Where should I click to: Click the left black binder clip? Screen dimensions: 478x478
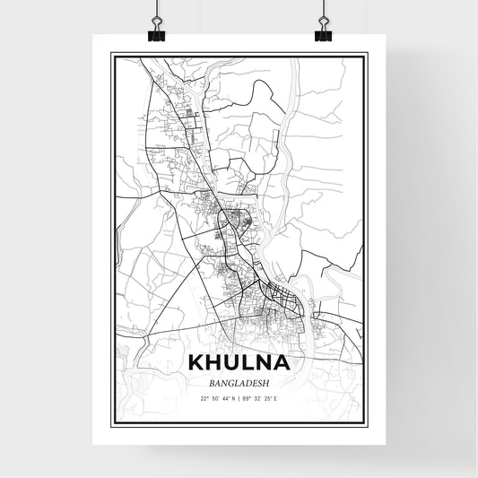point(157,33)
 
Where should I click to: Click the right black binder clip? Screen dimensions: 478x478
point(323,33)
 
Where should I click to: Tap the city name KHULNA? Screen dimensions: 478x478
point(239,362)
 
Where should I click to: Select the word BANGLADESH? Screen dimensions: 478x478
point(239,382)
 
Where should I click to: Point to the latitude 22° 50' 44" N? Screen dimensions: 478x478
point(218,398)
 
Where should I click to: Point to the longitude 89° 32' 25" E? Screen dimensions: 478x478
point(262,398)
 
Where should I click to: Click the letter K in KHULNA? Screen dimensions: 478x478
point(196,362)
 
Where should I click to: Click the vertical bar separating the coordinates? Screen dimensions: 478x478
point(239,398)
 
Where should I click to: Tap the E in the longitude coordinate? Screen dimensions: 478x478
point(277,398)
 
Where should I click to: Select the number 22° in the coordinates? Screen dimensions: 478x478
point(204,398)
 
